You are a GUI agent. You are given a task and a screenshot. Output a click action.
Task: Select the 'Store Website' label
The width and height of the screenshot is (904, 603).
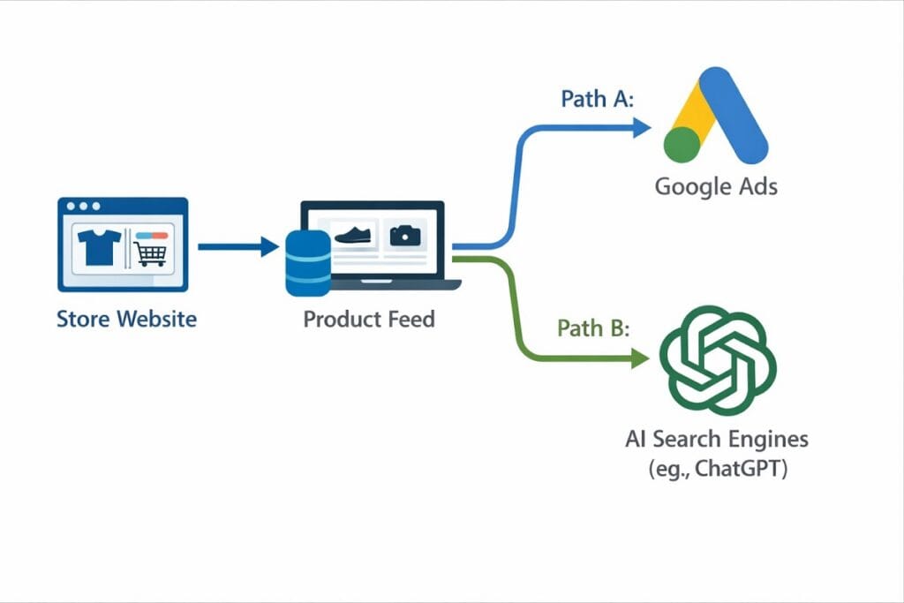126,319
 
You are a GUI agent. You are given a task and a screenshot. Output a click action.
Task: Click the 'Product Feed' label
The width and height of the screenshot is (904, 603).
369,319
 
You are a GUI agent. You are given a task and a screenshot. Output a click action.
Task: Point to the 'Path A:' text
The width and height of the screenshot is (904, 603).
598,99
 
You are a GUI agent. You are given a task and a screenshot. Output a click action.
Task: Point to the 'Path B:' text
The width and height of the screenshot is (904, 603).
593,328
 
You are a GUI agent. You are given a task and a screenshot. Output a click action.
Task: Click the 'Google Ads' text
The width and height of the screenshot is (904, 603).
716,187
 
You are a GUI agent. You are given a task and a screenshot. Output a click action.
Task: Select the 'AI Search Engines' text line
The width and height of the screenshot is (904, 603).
716,439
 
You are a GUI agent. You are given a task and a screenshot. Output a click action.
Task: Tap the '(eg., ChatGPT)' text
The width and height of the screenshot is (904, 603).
716,469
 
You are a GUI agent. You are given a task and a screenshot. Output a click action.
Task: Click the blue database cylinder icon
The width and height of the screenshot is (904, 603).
308,262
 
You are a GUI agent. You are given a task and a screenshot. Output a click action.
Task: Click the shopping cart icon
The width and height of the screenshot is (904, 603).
150,254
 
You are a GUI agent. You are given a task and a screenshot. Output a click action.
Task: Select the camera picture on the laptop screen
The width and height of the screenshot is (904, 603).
405,235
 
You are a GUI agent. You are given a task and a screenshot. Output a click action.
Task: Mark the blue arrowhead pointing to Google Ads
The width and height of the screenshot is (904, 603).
641,128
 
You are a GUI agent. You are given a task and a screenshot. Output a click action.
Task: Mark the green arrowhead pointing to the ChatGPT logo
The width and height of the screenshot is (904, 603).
641,358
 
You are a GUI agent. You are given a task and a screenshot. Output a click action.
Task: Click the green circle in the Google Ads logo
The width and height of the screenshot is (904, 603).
682,145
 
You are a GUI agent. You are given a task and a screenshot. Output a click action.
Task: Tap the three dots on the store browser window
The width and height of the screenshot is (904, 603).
83,207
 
